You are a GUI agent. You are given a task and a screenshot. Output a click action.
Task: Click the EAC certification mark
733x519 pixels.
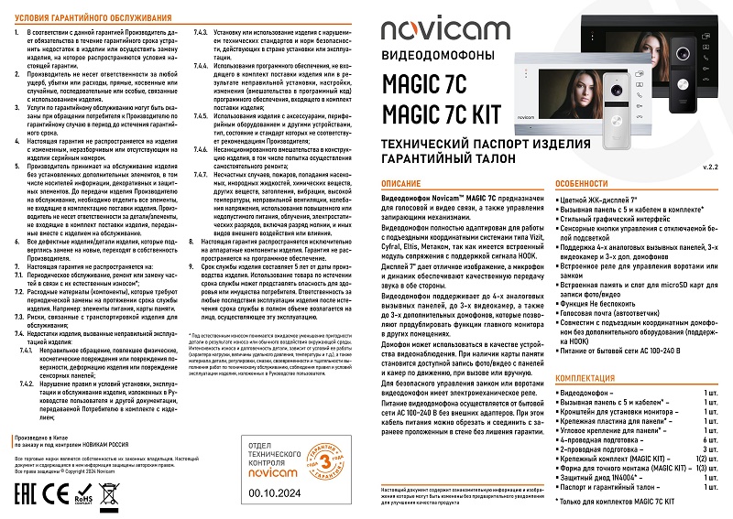pyautogui.click(x=29, y=498)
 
